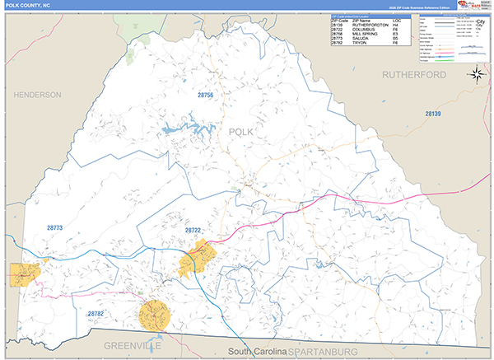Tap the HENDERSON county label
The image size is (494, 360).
click(x=37, y=96)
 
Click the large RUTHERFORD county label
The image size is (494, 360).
click(x=414, y=75)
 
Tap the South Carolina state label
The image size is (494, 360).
click(x=257, y=352)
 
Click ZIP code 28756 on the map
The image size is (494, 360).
click(x=205, y=96)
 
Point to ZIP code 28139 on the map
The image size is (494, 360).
click(x=434, y=113)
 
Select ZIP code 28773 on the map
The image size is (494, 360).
click(x=54, y=227)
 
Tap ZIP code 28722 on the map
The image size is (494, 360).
click(x=193, y=230)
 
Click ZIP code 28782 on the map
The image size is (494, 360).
click(x=96, y=313)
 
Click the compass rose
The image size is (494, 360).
click(x=476, y=75)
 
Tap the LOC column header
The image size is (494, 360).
click(x=397, y=20)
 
